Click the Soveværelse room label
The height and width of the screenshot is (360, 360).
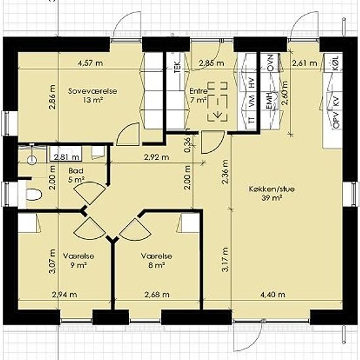click(92, 96)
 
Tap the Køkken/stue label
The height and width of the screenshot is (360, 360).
click(272, 193)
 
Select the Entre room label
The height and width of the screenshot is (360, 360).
click(198, 96)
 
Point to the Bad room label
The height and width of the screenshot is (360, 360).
click(76, 175)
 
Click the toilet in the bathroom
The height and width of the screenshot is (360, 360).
click(34, 194)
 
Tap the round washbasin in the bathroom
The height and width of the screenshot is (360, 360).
click(32, 160)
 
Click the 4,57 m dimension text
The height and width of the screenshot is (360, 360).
click(90, 63)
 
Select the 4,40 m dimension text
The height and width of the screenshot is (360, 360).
click(273, 294)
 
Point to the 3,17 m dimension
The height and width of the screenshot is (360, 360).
click(225, 260)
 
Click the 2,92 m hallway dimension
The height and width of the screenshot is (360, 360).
click(156, 157)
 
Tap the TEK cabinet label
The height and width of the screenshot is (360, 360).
click(177, 67)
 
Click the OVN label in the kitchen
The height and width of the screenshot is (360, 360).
click(271, 63)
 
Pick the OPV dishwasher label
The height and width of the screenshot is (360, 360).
click(336, 120)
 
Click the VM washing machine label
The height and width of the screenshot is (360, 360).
click(252, 100)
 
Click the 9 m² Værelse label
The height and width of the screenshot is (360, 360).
click(79, 261)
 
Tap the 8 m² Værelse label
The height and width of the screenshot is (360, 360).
click(156, 261)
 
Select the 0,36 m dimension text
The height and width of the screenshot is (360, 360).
click(187, 145)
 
